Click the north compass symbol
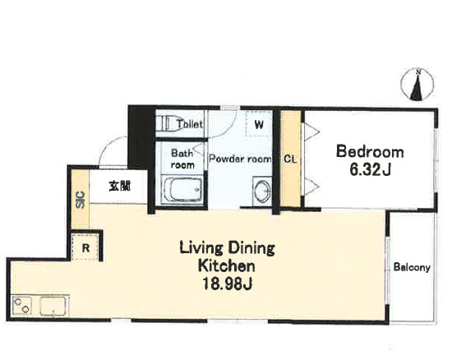pos(417,85)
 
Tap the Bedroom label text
pos(370,152)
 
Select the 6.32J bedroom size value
pos(370,170)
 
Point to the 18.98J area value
pos(228,284)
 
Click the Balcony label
pos(412,267)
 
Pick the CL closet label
pos(290,159)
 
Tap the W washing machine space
pos(259,124)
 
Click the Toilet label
pos(190,124)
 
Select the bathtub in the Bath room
pos(182,190)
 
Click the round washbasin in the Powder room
pos(263,191)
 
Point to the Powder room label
pos(240,159)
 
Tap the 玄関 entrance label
pos(120,186)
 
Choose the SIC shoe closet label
pos(81,200)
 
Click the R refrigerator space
pos(85,248)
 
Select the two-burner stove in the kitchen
pos(22,306)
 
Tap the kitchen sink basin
pos(53,306)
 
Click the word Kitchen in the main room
pos(227,265)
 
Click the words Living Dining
pos(228,248)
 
